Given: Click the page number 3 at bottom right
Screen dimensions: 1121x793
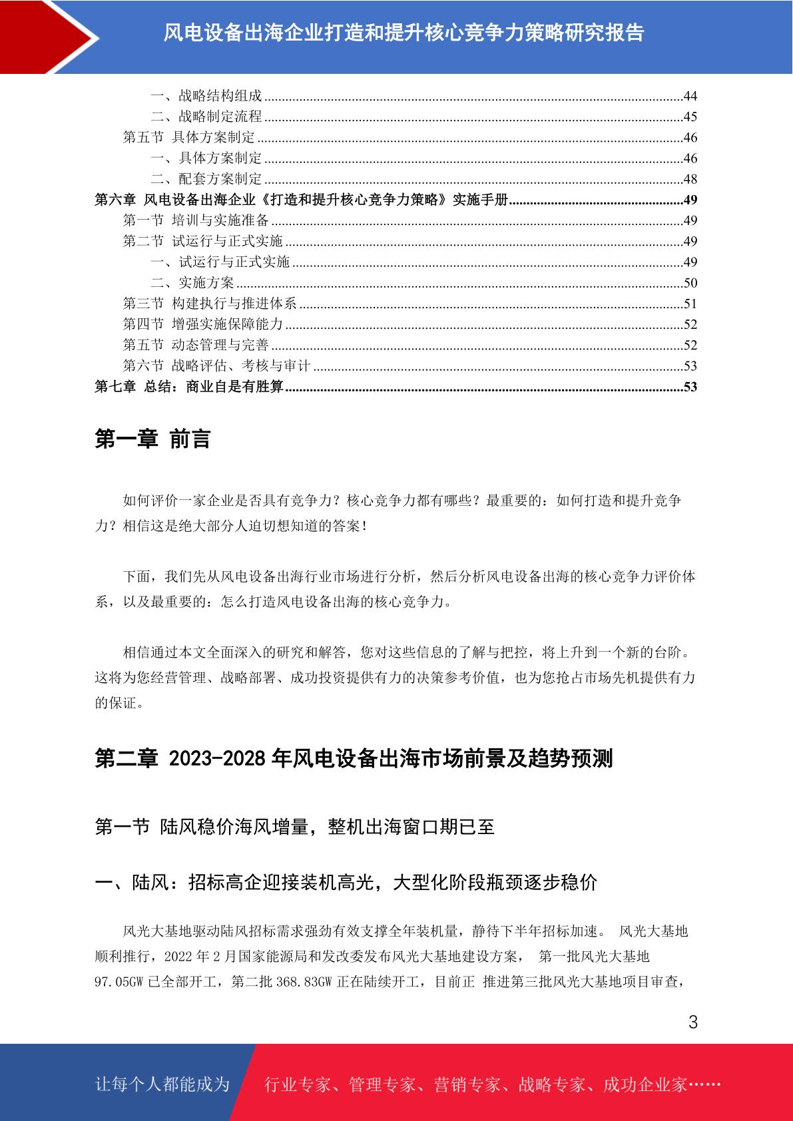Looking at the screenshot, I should pos(693,1022).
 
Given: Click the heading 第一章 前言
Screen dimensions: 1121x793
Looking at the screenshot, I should pos(152,439).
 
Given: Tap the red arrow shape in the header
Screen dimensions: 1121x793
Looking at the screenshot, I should pos(47,37).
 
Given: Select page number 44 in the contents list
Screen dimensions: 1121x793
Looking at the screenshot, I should pos(690,97).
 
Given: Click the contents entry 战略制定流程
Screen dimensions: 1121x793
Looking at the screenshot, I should pos(220,117).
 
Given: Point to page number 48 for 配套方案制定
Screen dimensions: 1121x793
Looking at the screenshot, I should pos(690,179).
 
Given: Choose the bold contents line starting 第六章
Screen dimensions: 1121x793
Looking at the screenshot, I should pos(301,200).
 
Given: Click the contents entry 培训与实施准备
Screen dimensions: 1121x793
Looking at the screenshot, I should pos(220,220).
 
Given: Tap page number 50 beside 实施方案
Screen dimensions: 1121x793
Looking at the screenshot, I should pos(690,283).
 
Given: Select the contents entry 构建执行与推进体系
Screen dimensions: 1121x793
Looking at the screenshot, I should pos(234,304).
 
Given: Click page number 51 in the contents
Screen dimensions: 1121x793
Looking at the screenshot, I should pos(690,304).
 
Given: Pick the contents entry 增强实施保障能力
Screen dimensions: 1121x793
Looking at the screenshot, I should pos(227,324).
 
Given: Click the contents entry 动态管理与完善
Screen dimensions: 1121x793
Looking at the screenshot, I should pos(220,345).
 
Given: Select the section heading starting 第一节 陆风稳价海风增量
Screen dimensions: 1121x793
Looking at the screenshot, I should pos(294,827).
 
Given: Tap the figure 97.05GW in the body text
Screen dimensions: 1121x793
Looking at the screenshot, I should pos(119,982).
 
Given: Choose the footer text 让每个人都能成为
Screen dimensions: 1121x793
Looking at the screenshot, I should pos(162,1084).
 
